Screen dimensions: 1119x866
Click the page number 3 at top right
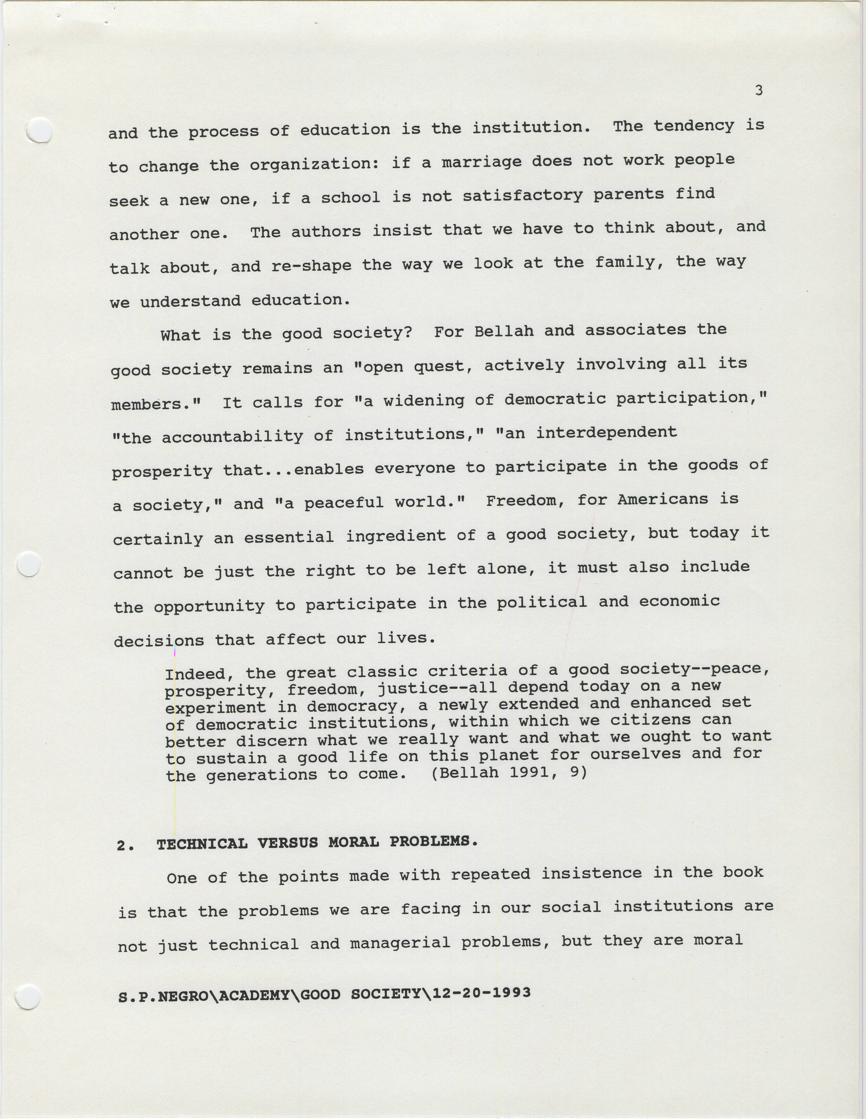(x=759, y=91)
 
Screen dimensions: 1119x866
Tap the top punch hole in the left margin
(x=39, y=130)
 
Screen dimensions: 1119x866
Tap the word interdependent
(x=606, y=433)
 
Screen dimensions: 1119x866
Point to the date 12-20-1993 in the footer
(x=481, y=992)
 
